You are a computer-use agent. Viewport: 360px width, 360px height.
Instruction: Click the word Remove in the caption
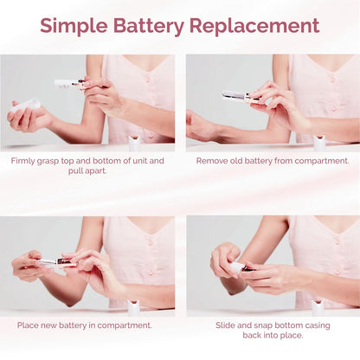tap(214, 160)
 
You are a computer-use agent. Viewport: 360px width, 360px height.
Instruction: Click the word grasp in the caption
tap(57, 160)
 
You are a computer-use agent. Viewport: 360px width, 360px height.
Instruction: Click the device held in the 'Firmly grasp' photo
tap(68, 84)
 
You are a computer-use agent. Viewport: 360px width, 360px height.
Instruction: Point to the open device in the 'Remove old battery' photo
tap(238, 96)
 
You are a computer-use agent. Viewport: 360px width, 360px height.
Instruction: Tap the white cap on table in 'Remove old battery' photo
tap(318, 141)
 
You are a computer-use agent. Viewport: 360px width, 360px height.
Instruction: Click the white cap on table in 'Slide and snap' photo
tap(318, 305)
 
